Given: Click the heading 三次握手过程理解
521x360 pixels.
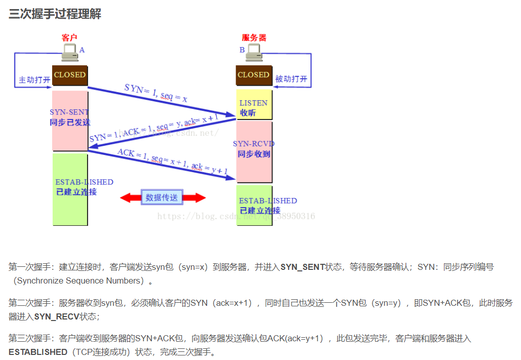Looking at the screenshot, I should [55, 14].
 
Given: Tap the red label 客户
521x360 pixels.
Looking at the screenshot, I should [69, 37].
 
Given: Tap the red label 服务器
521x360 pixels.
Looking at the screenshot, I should [254, 37].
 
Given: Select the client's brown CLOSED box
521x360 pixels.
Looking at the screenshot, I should [70, 75].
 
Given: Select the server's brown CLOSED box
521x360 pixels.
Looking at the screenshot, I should [254, 75].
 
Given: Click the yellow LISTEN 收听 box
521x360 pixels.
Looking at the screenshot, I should [254, 107].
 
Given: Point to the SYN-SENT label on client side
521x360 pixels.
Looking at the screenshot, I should [69, 112].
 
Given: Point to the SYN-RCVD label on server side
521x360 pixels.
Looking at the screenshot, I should [254, 144].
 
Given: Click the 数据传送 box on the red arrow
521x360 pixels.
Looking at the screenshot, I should [162, 197].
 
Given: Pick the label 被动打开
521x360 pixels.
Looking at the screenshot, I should [291, 79].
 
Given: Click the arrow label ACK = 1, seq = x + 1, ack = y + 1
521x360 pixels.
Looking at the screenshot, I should [173, 162].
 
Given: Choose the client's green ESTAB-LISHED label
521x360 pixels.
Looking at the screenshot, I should [84, 182].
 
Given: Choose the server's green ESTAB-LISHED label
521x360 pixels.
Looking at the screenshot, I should [268, 201].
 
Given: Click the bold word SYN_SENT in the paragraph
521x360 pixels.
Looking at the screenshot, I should [303, 267].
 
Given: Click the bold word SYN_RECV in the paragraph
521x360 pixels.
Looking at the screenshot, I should [55, 316].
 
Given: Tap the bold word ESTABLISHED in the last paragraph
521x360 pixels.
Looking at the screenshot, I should [38, 352].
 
